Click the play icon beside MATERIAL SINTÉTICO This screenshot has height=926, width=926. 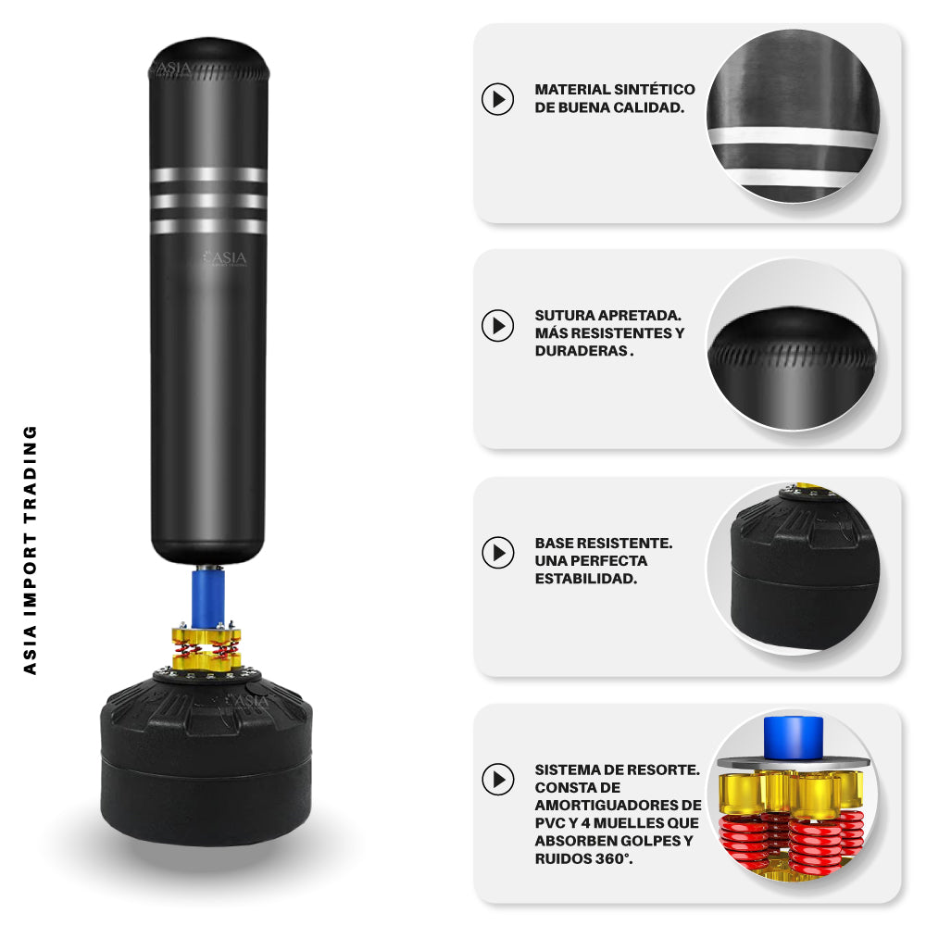(x=498, y=99)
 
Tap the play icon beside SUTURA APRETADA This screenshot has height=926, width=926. (x=498, y=325)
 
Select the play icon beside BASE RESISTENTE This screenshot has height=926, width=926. (x=498, y=553)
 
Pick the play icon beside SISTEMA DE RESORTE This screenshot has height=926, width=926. (x=498, y=779)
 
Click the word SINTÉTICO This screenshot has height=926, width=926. (x=655, y=89)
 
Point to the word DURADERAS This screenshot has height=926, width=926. (x=582, y=351)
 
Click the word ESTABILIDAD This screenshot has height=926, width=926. (x=586, y=579)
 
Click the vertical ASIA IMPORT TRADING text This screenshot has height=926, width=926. (x=30, y=550)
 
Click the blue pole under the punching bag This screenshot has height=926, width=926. (x=207, y=596)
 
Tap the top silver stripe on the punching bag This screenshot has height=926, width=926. (x=208, y=175)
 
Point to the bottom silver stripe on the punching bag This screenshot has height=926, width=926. (x=208, y=226)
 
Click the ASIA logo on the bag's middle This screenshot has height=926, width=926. (x=225, y=258)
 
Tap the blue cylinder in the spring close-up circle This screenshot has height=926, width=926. (x=794, y=737)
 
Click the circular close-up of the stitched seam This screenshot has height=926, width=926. (x=793, y=344)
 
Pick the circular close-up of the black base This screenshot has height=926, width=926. (x=794, y=569)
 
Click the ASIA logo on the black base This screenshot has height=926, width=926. (x=248, y=701)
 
